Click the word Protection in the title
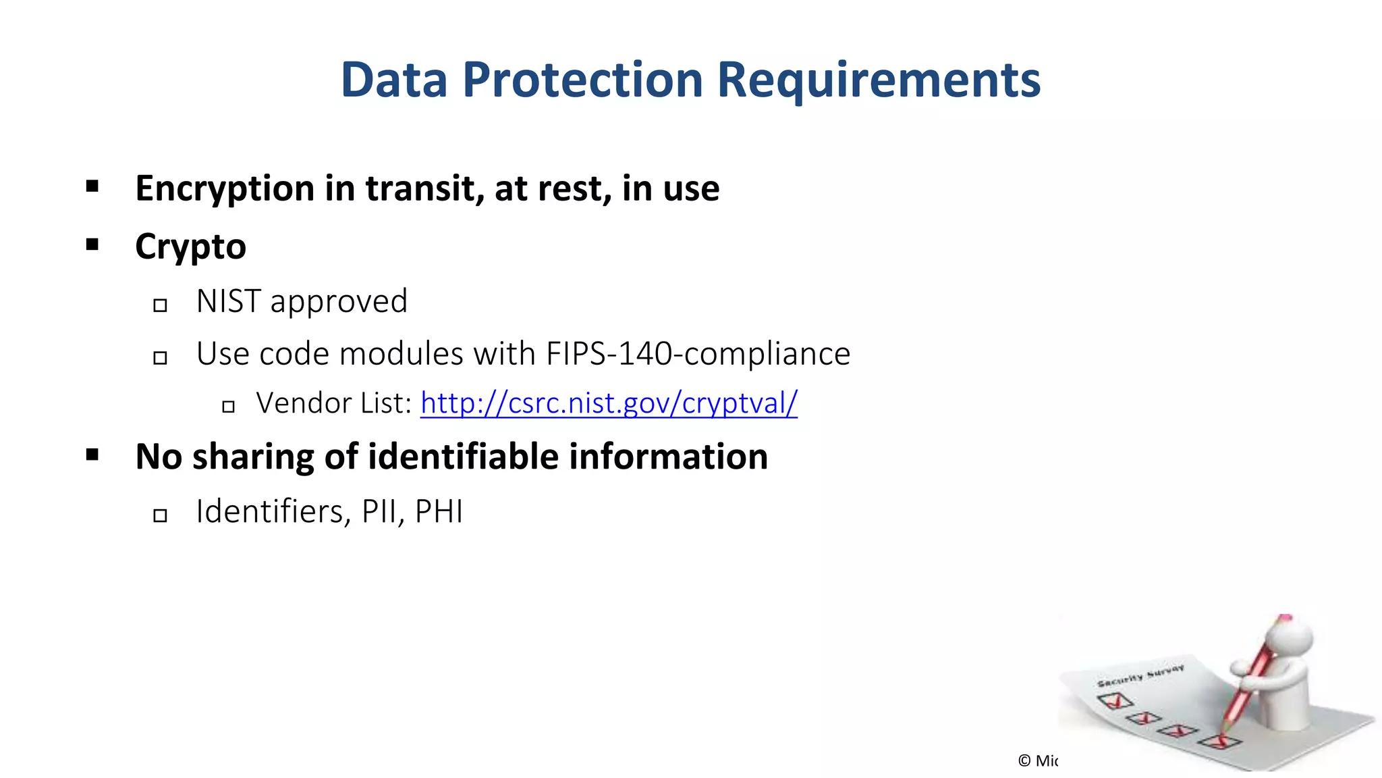tap(582, 80)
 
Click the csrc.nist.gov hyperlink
tap(609, 403)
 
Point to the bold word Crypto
tap(190, 247)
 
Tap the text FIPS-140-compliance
tap(698, 353)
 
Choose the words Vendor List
tap(334, 403)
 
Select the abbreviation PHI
tap(439, 511)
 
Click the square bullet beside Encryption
tap(92, 186)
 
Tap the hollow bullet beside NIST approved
tap(160, 305)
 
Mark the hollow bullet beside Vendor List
tap(228, 406)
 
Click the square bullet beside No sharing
tap(92, 455)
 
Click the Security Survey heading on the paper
tap(1140, 676)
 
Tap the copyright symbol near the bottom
tap(1024, 761)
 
